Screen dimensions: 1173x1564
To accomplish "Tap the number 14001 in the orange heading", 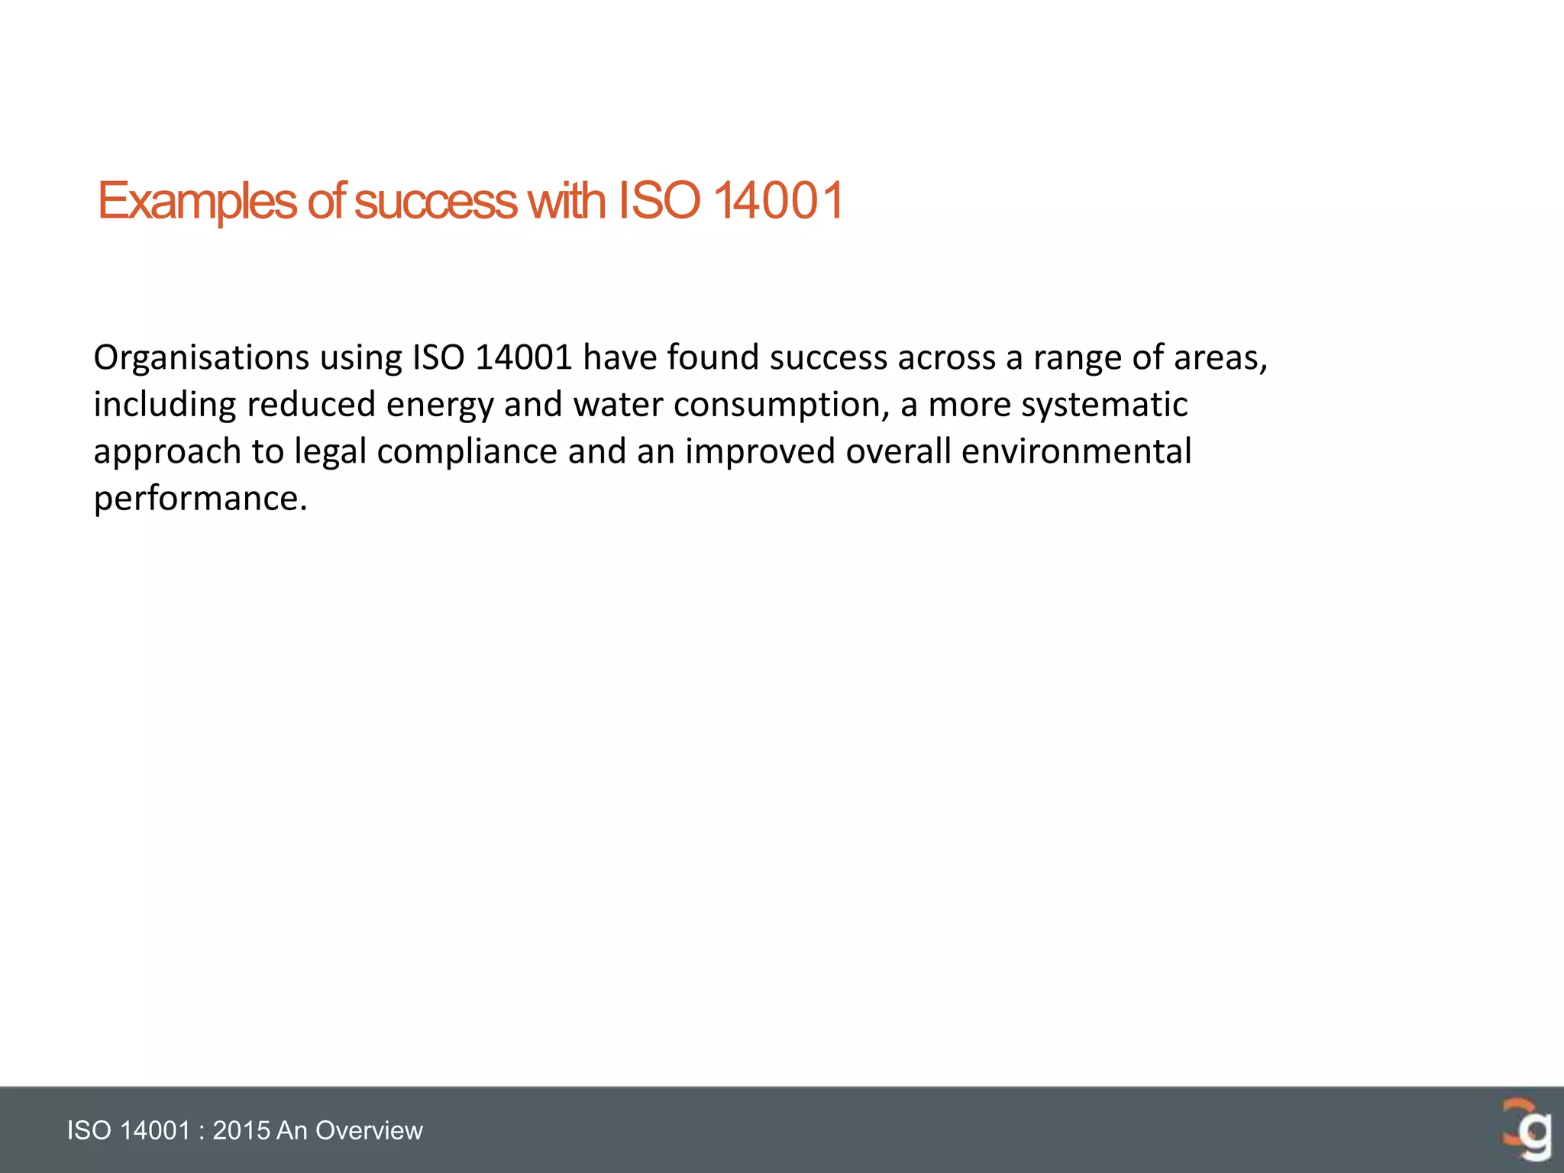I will (x=778, y=202).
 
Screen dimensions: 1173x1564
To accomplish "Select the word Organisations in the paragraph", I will (x=201, y=357).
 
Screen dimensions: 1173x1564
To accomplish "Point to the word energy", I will (x=439, y=405).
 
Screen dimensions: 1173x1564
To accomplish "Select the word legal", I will (x=331, y=452).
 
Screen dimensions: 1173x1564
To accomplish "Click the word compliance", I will (x=467, y=452).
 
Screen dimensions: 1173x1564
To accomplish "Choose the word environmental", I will (x=1076, y=452).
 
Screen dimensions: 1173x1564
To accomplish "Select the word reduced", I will (x=311, y=405).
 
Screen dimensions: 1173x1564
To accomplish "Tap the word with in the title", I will (x=567, y=202).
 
